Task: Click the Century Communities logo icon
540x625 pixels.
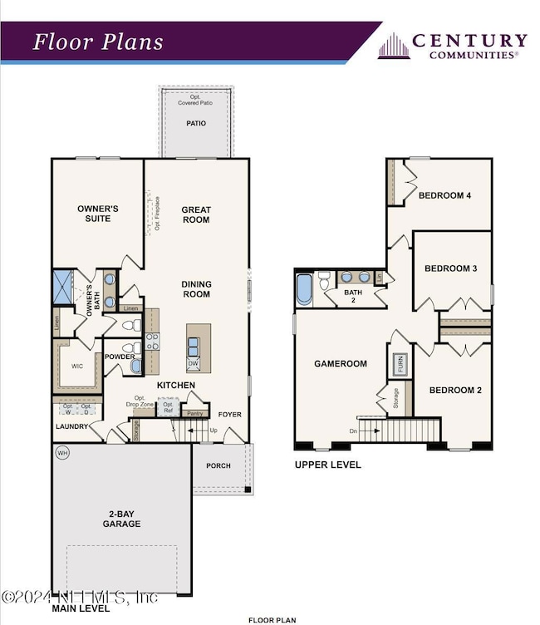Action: pyautogui.click(x=394, y=47)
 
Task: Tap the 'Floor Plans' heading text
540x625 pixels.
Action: pyautogui.click(x=98, y=42)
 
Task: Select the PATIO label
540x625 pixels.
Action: pyautogui.click(x=196, y=124)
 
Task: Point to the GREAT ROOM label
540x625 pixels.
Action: pyautogui.click(x=196, y=214)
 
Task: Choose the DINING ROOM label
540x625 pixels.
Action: pyautogui.click(x=196, y=289)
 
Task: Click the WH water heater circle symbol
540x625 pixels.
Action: pyautogui.click(x=62, y=453)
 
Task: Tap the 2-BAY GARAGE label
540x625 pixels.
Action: pyautogui.click(x=121, y=519)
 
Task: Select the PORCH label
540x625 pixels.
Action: pyautogui.click(x=218, y=465)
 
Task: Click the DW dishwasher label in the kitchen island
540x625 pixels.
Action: pyautogui.click(x=193, y=363)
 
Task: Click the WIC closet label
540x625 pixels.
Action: pyautogui.click(x=77, y=365)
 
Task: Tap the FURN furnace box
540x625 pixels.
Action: pyautogui.click(x=400, y=363)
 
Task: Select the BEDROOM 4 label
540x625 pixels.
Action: pyautogui.click(x=444, y=196)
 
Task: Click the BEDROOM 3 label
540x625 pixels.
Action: pyautogui.click(x=450, y=268)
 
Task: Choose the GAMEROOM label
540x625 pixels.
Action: pyautogui.click(x=340, y=364)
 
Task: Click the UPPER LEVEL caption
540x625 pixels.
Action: pyautogui.click(x=328, y=465)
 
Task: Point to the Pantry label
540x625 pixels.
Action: pyautogui.click(x=195, y=413)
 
